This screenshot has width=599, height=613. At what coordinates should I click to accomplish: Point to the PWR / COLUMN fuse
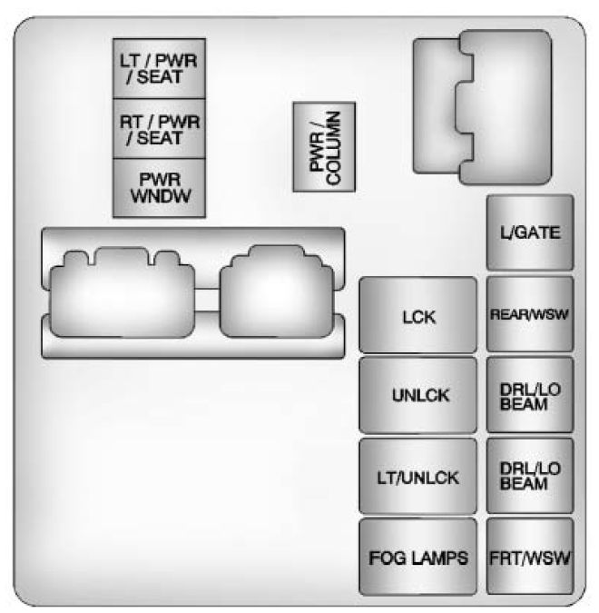323,146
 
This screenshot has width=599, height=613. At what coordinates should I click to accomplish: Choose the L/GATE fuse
530,232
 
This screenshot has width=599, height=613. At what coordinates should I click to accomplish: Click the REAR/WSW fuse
530,314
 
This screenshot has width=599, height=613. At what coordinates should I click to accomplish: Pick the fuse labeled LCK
418,316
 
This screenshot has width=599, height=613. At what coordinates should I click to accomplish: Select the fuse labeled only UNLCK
418,396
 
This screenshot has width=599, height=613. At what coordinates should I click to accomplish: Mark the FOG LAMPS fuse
418,557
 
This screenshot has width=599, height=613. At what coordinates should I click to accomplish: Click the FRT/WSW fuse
530,557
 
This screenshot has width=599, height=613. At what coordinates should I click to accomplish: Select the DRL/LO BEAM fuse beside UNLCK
530,396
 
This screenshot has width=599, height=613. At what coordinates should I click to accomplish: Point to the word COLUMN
332,146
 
